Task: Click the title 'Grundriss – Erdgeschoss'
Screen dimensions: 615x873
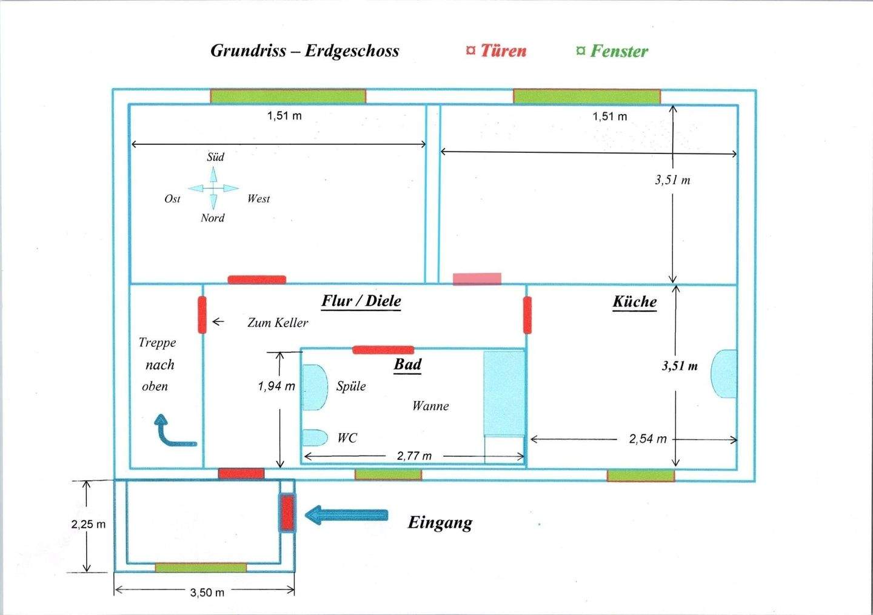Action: (304, 51)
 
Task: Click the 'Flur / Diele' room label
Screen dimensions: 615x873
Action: (361, 301)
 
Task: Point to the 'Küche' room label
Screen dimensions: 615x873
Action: (634, 302)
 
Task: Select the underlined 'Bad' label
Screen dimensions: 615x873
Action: (407, 365)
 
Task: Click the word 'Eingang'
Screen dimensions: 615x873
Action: (440, 522)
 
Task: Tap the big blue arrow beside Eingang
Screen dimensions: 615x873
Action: (346, 515)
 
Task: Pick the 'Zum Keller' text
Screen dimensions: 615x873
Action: (277, 323)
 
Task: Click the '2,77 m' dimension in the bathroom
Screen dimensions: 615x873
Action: (414, 455)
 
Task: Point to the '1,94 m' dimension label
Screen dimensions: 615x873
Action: (276, 386)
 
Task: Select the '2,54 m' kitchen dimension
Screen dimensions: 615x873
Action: (647, 439)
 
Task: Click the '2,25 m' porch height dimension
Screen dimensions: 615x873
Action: (88, 524)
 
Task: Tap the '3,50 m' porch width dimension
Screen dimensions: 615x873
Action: (207, 592)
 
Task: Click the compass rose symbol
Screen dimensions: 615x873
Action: (213, 189)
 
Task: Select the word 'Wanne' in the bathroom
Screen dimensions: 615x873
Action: (430, 406)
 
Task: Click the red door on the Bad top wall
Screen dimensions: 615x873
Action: (383, 350)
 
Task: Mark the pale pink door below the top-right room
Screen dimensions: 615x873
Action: (477, 278)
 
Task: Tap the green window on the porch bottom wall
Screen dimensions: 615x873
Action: (201, 568)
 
